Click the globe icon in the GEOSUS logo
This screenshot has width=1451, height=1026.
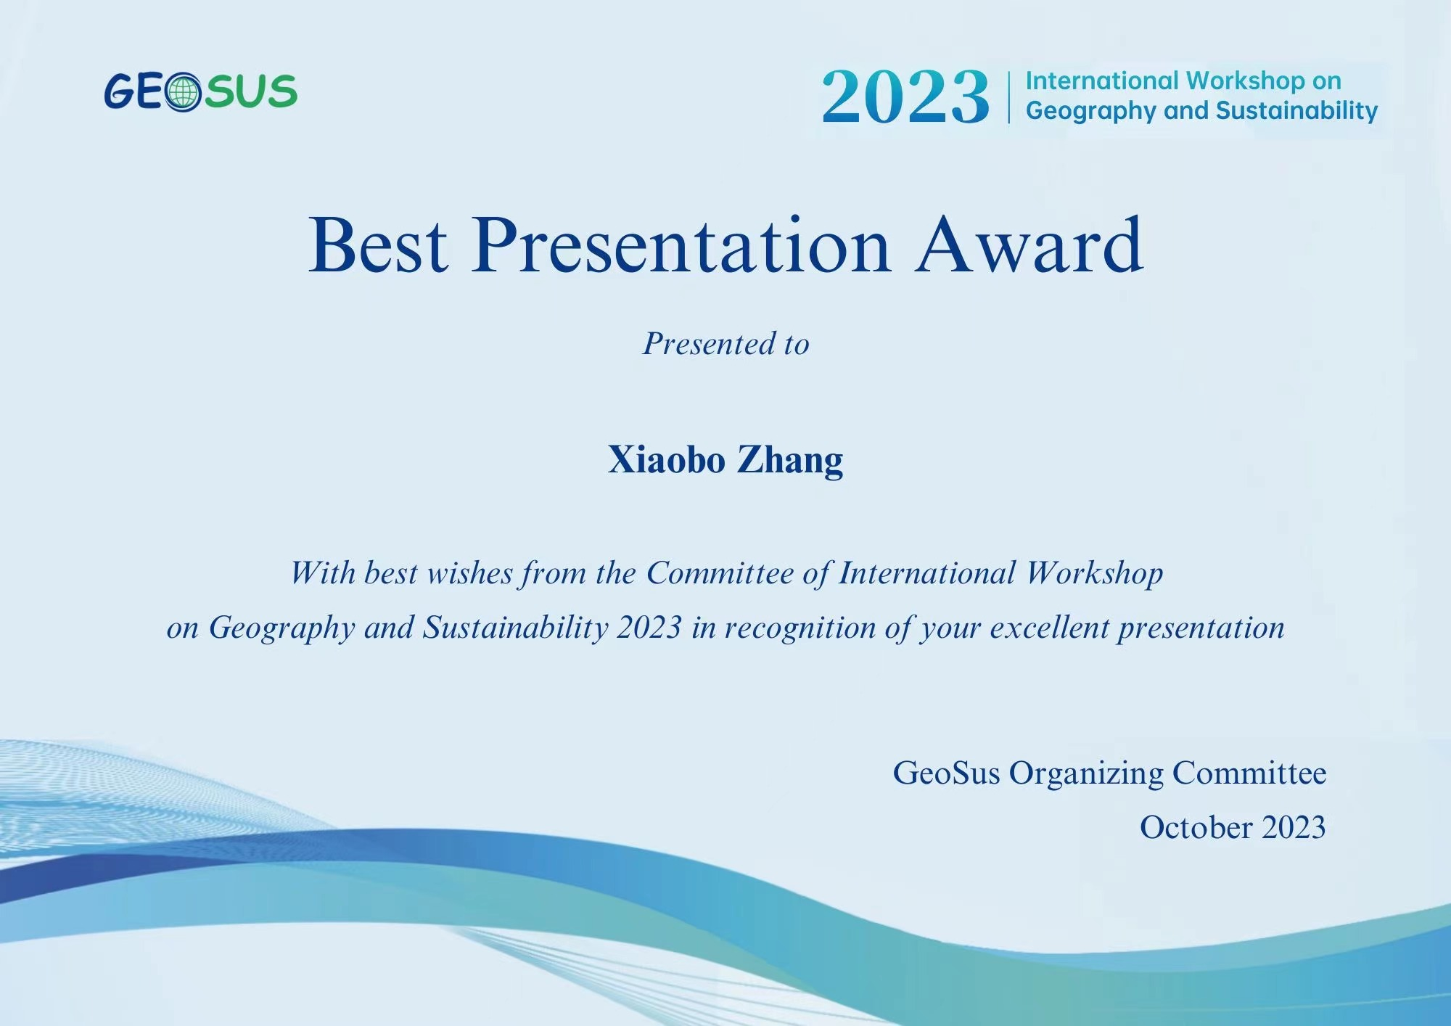(x=182, y=92)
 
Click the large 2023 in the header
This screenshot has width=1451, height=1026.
(x=905, y=97)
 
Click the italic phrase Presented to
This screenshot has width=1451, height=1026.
(x=726, y=344)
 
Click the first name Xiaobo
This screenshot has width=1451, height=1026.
(x=667, y=459)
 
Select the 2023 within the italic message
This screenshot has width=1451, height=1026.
(x=649, y=628)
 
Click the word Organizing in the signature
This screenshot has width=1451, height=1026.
(x=1086, y=774)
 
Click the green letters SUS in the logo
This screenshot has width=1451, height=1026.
(x=250, y=91)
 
